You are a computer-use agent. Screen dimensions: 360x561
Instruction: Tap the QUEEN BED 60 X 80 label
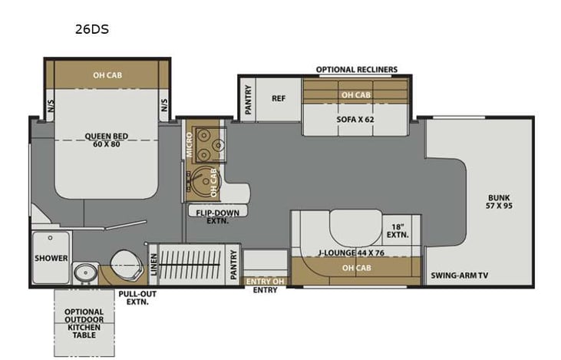106,141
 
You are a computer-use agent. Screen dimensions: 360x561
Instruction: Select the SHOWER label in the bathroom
51,258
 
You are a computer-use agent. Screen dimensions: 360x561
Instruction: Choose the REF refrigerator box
279,98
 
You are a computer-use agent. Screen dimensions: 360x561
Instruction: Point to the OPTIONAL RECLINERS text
356,70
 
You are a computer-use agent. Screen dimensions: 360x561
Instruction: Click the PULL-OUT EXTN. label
133,298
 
